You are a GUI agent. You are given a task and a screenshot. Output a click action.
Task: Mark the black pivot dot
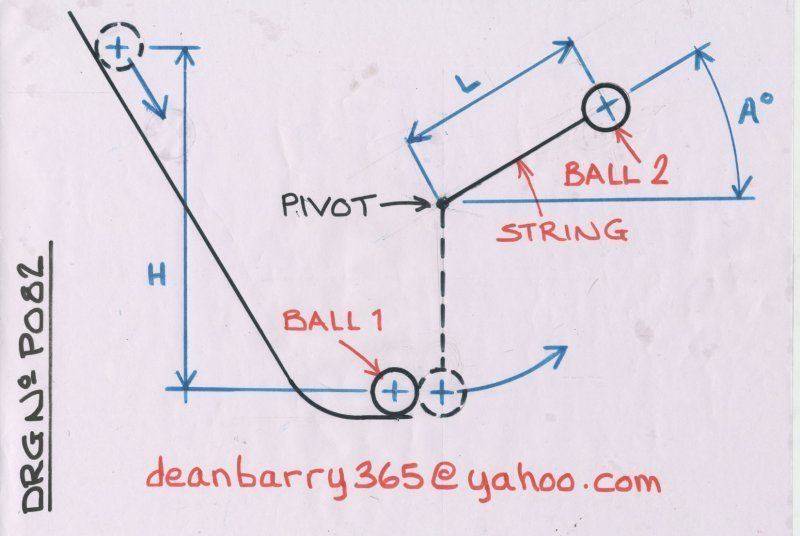pyautogui.click(x=441, y=203)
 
